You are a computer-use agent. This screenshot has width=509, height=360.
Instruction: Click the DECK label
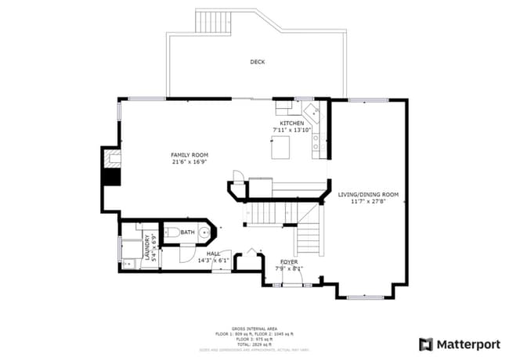tap(257, 62)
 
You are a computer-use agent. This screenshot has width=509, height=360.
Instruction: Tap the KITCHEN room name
tap(292, 124)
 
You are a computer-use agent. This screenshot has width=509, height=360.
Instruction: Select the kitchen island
tap(281, 147)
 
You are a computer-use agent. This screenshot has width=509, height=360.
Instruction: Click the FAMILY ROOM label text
tap(190, 155)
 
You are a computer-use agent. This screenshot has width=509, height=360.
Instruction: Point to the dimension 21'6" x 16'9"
tap(190, 162)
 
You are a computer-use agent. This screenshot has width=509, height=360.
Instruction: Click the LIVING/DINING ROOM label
tap(368, 194)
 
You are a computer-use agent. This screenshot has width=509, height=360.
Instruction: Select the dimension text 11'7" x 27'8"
tap(368, 201)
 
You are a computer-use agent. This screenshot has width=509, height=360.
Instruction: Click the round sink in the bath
tap(205, 232)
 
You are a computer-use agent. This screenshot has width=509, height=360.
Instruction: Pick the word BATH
tap(187, 232)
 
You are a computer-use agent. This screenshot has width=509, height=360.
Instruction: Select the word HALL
tap(213, 254)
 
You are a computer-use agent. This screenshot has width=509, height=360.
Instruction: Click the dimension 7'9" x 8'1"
tap(288, 268)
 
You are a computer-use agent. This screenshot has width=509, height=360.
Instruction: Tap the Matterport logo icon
tap(426, 344)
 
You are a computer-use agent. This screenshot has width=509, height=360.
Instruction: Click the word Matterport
tap(467, 344)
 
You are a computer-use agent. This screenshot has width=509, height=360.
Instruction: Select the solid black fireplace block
tap(112, 177)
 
